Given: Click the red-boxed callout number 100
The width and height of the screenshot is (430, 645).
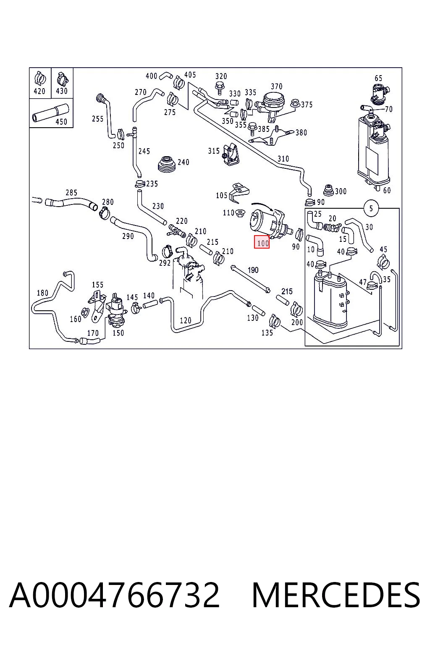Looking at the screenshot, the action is [262, 242].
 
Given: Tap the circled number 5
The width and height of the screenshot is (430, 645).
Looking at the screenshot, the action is [371, 208].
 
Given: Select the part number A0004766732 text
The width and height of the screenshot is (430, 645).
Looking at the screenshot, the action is [114, 595].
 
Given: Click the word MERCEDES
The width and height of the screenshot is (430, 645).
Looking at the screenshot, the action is [336, 595].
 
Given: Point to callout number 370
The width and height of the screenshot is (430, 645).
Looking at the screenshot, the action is [276, 87].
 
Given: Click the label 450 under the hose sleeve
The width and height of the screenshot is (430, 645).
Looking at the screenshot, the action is [61, 122].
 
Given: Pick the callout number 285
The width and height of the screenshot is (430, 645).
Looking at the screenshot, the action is [71, 193].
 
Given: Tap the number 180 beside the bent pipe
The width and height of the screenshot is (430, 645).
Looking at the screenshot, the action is [42, 293].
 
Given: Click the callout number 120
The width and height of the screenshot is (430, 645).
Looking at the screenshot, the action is [186, 320].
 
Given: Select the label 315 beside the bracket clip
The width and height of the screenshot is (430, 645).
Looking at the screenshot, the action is [214, 151].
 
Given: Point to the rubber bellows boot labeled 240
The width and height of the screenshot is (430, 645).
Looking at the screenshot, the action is [167, 165].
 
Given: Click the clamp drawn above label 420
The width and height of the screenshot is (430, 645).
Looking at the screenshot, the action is [40, 78].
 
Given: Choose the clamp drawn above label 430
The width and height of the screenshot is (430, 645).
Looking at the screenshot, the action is [62, 79].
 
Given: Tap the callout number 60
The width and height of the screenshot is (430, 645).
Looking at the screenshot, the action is [387, 190].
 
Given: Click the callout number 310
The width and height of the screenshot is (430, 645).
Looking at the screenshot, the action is [283, 159].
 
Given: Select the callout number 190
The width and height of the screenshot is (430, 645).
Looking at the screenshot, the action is [253, 270].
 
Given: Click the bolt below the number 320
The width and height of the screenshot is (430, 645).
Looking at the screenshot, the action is [219, 88].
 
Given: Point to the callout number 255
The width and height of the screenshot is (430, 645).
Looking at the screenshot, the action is [98, 119].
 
